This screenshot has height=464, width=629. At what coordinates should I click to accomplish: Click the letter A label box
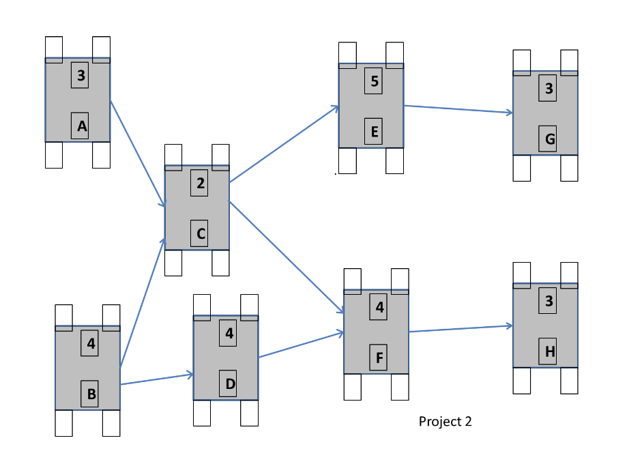(81, 126)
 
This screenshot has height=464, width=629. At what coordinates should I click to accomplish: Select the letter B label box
(91, 394)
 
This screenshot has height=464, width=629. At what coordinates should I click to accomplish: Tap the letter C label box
(200, 234)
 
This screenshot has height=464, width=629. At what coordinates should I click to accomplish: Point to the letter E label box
(373, 132)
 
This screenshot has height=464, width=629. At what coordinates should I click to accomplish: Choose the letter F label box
(379, 358)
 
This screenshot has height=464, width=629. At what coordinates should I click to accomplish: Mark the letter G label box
(548, 139)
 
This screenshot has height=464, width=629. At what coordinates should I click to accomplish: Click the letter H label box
(548, 351)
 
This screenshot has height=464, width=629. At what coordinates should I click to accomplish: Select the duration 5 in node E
(373, 82)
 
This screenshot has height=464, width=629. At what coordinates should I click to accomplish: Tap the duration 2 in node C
(200, 184)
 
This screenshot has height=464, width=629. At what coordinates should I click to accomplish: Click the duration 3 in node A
(81, 76)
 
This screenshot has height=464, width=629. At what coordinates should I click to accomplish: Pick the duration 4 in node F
(379, 307)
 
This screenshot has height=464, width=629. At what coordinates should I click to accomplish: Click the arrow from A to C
(137, 154)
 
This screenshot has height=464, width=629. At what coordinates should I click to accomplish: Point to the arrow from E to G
(458, 109)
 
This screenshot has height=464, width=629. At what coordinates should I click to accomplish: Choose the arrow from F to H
(460, 329)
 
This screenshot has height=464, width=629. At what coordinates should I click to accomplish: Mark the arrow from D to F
(301, 345)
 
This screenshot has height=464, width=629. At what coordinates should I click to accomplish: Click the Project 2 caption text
(445, 421)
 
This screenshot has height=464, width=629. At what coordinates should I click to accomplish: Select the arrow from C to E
(284, 144)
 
